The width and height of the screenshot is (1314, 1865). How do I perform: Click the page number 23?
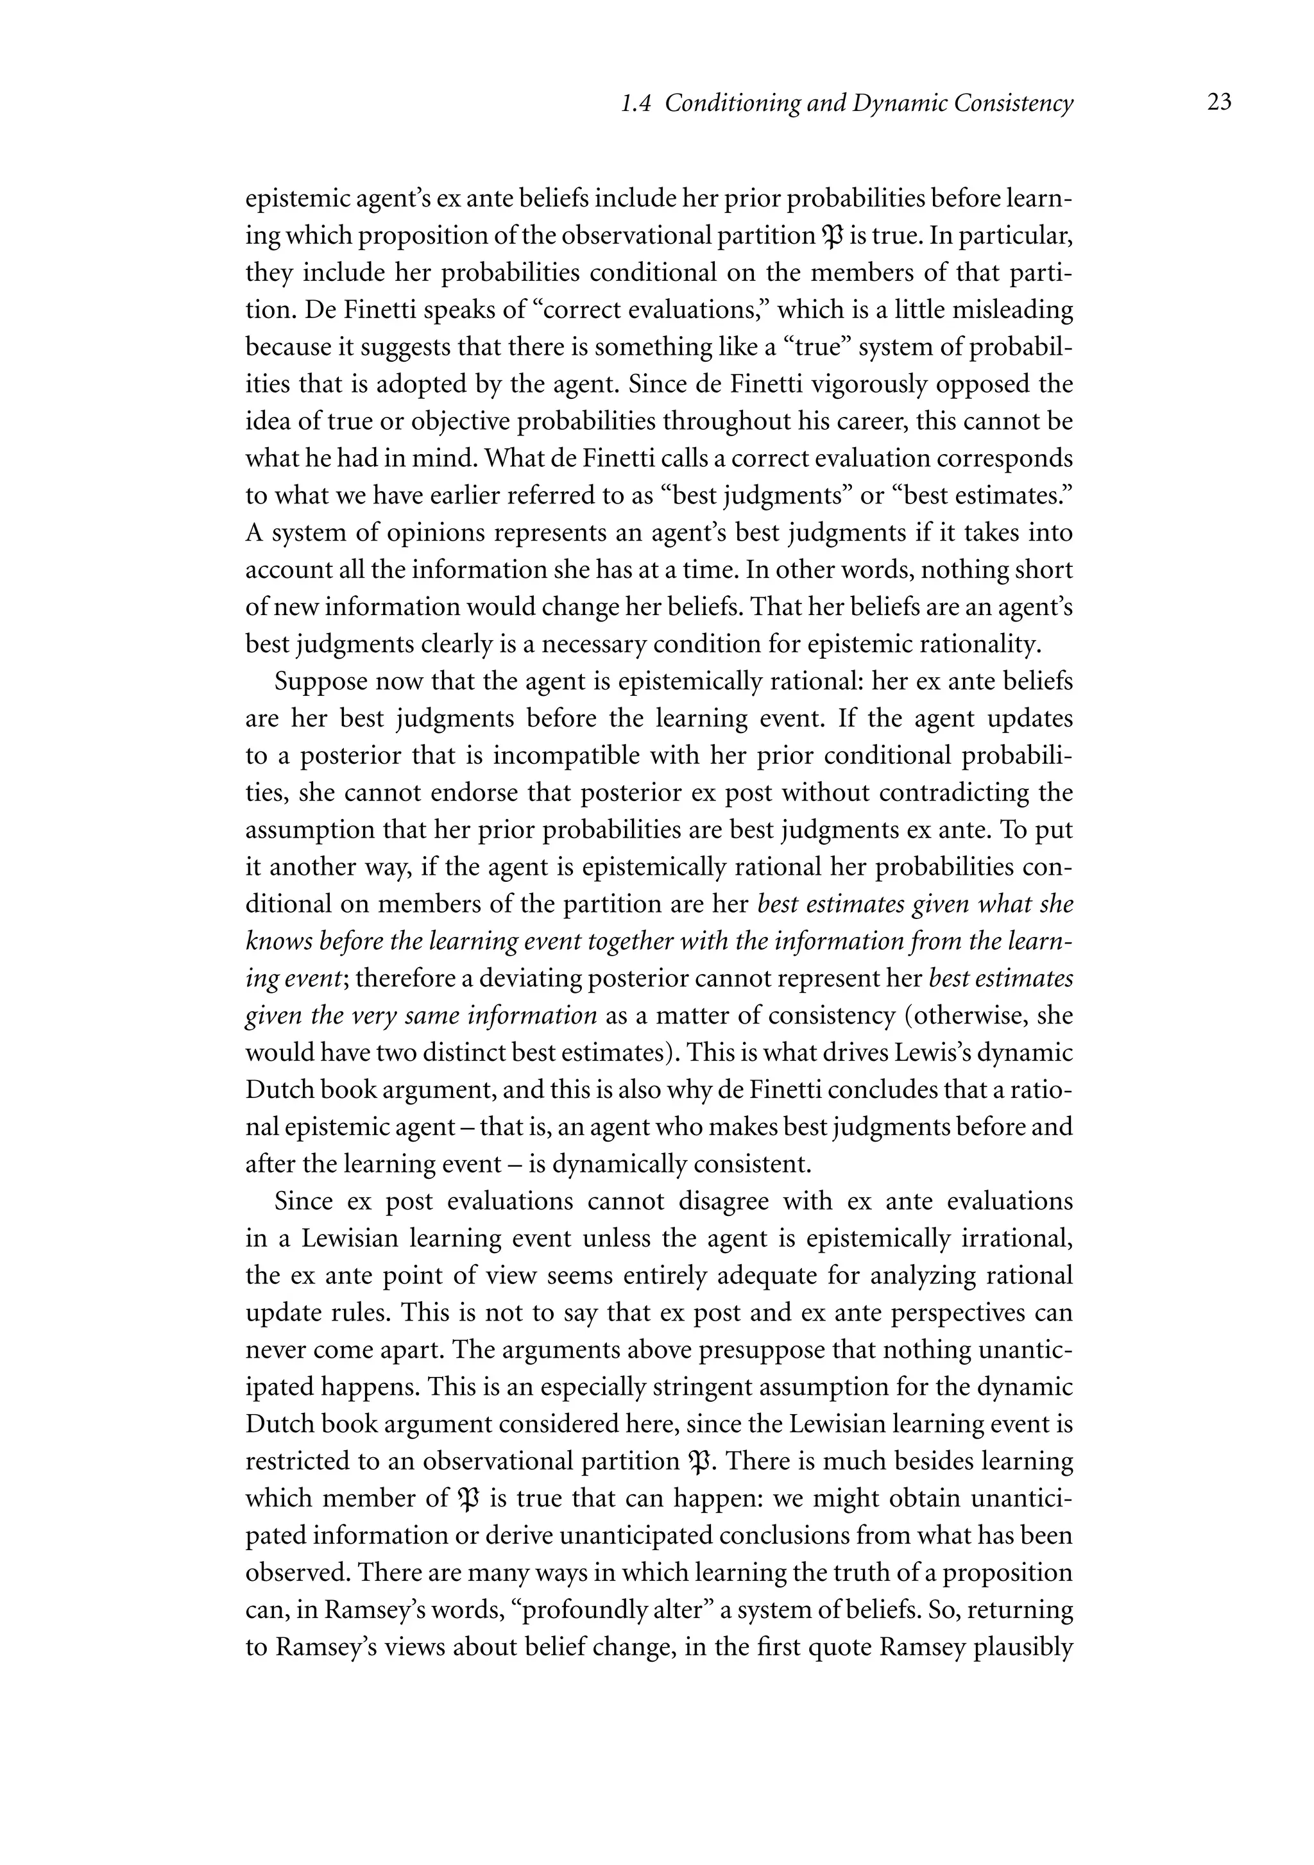point(1219,103)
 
